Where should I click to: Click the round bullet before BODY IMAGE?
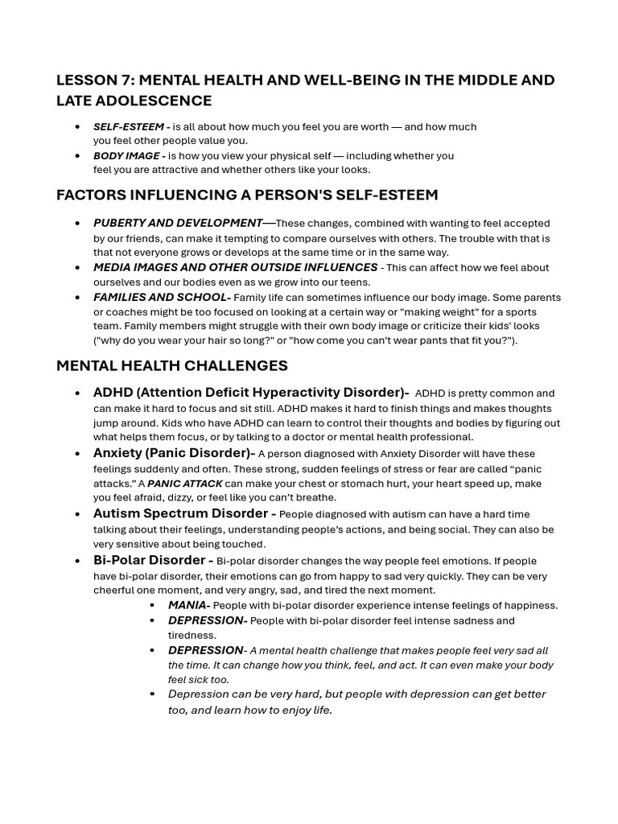point(77,156)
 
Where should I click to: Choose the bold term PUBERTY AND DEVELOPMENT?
point(178,223)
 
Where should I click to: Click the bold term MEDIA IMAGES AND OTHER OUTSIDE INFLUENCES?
point(235,267)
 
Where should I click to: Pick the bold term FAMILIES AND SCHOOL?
point(160,297)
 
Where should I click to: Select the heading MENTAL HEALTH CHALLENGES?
point(171,365)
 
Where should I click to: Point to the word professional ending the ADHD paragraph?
point(443,437)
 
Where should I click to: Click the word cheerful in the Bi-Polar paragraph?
point(117,590)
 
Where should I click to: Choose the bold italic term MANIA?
point(188,605)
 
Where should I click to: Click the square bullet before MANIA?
point(152,605)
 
